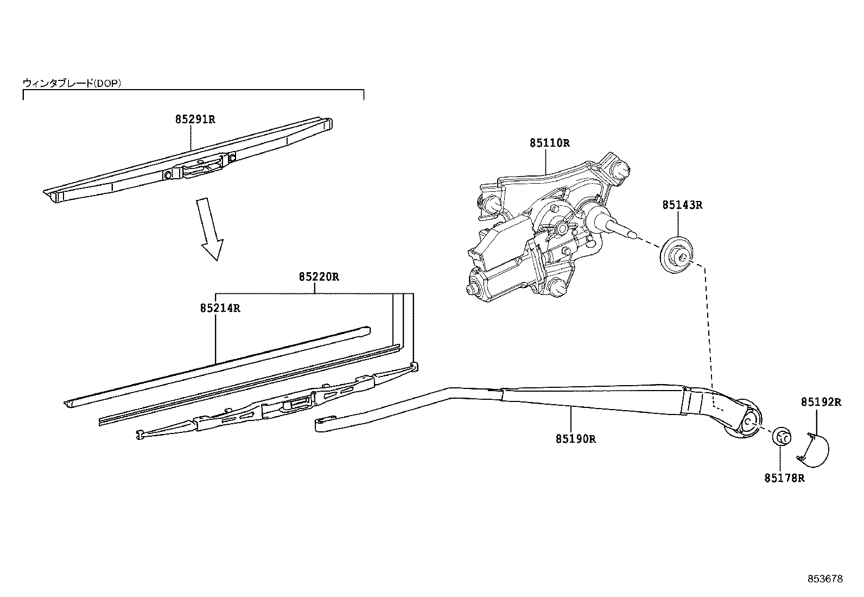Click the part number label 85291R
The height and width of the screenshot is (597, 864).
(x=195, y=120)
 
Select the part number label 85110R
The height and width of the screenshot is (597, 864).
(x=550, y=143)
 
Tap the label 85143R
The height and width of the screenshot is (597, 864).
(x=682, y=205)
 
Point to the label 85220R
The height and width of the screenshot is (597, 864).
(x=319, y=277)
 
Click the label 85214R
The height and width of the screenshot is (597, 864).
(x=220, y=309)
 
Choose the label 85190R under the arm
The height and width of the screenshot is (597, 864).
(x=575, y=439)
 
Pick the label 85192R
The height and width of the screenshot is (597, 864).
(x=821, y=403)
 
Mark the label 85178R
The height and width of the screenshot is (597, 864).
(x=784, y=479)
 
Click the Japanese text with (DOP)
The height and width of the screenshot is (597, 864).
(x=72, y=83)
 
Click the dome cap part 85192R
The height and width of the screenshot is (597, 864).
(x=814, y=450)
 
